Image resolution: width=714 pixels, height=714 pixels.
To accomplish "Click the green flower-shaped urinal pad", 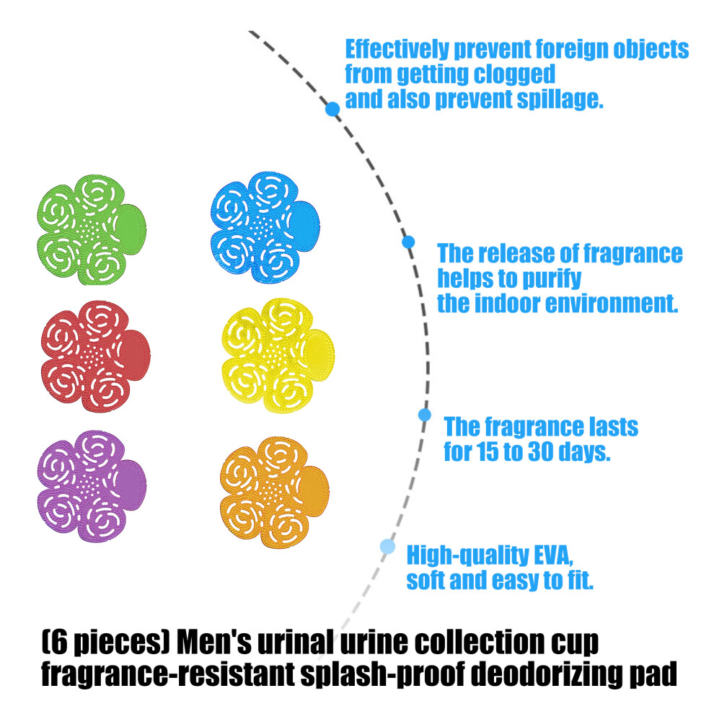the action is coord(91,230).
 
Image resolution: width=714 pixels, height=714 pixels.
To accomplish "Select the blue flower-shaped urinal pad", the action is coord(265,228).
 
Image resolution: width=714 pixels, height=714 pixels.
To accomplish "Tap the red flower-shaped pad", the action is coord(95,356).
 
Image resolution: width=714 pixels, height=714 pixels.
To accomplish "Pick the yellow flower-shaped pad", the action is coord(278,356).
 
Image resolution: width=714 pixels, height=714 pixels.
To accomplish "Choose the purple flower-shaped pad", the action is coord(92,486).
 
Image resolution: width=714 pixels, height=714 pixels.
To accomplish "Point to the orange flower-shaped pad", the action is coord(274,493).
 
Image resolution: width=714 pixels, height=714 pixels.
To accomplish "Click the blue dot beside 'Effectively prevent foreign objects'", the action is coord(332,110).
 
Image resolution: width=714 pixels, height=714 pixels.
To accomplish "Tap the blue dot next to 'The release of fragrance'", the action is coord(408,242).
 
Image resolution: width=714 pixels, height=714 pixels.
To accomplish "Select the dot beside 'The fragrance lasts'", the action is coord(424,415).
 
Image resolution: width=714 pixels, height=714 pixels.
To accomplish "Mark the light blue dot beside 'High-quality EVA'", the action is coord(387,547).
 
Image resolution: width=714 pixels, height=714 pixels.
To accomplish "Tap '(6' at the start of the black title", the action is coord(55,643).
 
